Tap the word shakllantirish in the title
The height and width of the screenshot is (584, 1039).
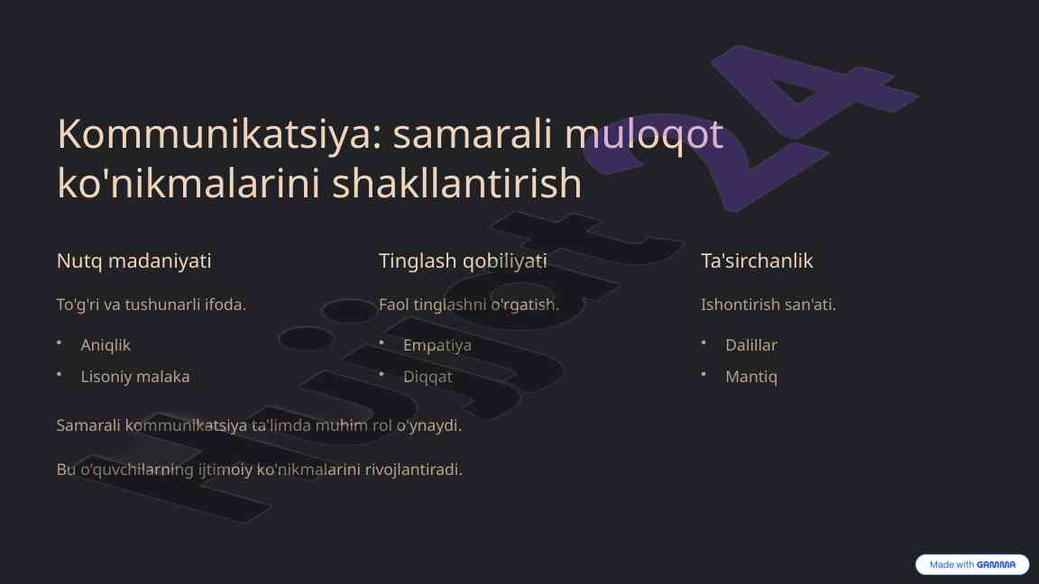(x=456, y=184)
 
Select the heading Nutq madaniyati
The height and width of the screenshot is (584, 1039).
(x=133, y=260)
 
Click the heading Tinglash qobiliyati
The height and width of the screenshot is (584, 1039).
(x=463, y=260)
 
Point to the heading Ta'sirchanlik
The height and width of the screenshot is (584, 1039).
(x=757, y=260)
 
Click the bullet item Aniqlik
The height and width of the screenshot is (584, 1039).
(x=106, y=345)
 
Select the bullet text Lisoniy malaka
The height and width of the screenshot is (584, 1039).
(x=135, y=377)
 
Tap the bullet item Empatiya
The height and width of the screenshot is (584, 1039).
(x=437, y=345)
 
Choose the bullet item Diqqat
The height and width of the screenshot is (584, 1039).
(x=428, y=377)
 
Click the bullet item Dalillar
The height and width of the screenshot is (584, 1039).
(x=750, y=345)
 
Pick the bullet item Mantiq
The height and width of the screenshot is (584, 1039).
(x=750, y=377)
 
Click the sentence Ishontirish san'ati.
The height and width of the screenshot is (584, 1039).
(x=768, y=305)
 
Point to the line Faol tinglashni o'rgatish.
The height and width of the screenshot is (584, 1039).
(x=469, y=305)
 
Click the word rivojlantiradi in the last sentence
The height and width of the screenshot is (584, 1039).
(x=413, y=470)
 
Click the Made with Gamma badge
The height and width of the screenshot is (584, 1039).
(x=972, y=565)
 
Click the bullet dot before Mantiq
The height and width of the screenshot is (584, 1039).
(x=703, y=375)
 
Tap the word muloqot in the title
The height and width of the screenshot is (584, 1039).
(x=643, y=134)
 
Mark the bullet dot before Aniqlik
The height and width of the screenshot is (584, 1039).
(x=59, y=343)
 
